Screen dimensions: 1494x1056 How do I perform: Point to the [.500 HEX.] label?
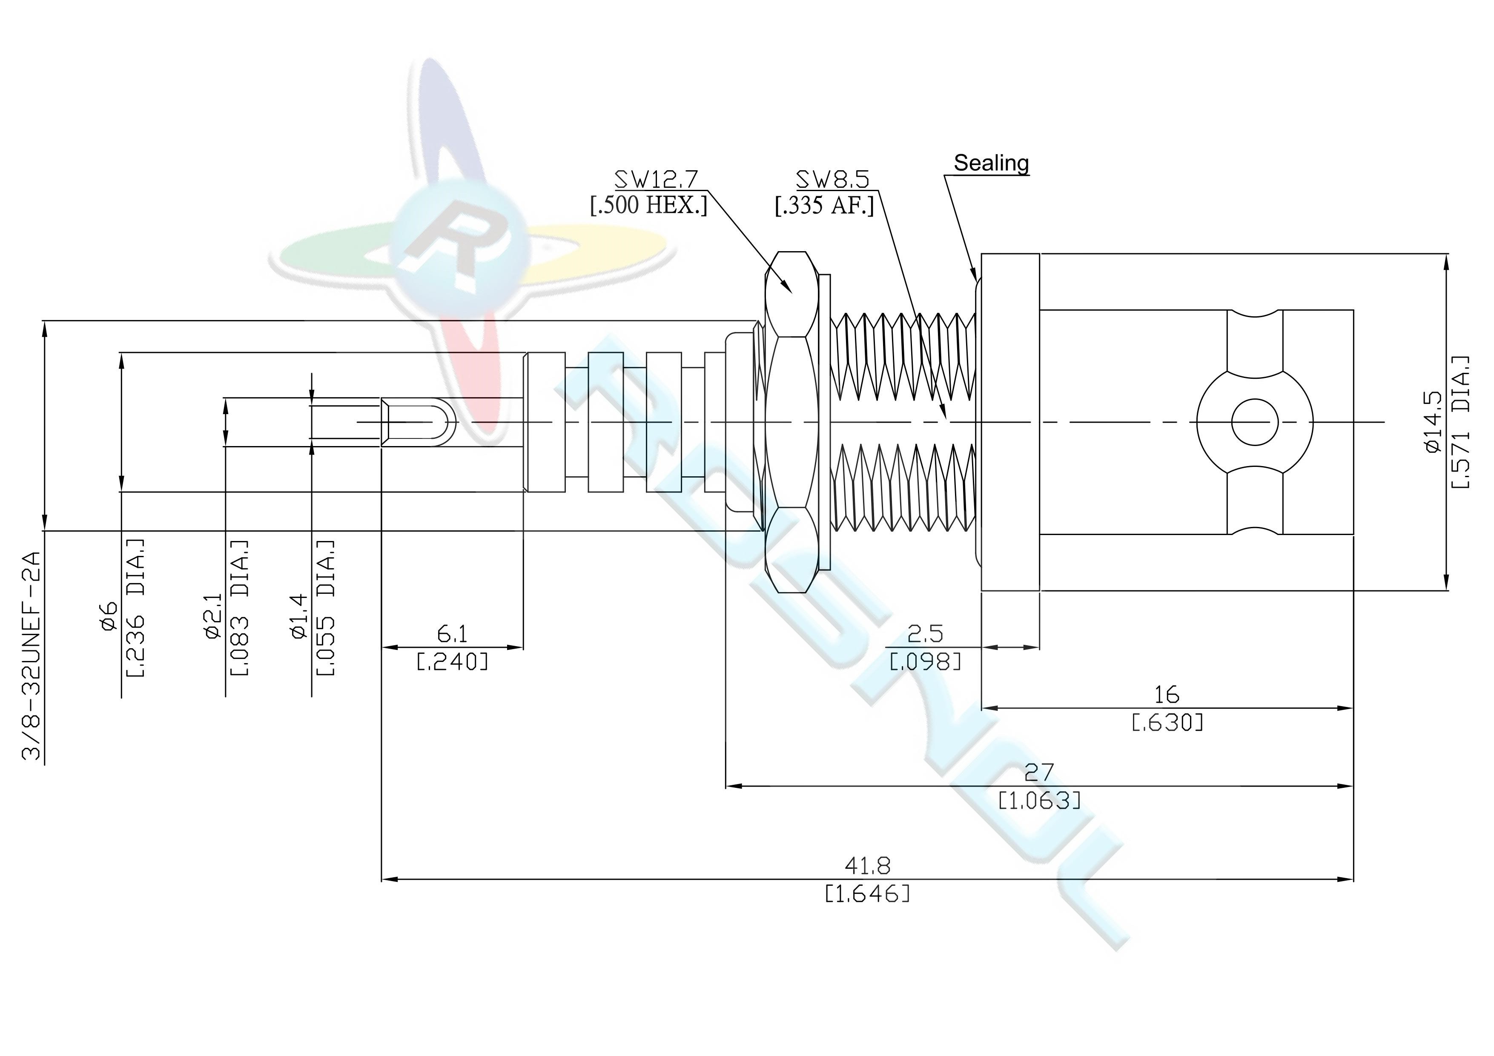[x=648, y=206]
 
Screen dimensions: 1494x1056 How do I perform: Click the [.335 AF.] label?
[x=824, y=206]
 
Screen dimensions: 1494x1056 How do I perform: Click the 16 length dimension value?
[x=1167, y=695]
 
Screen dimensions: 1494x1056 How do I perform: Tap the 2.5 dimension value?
[x=925, y=633]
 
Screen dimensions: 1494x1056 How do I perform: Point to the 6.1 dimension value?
[x=452, y=633]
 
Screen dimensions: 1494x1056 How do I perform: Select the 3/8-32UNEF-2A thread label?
[x=32, y=656]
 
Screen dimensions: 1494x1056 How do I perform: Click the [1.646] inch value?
[x=867, y=894]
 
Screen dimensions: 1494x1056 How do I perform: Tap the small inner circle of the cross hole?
[x=1255, y=423]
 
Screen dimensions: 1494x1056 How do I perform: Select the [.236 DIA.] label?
[x=134, y=608]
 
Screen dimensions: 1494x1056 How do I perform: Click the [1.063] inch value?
[x=1040, y=800]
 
